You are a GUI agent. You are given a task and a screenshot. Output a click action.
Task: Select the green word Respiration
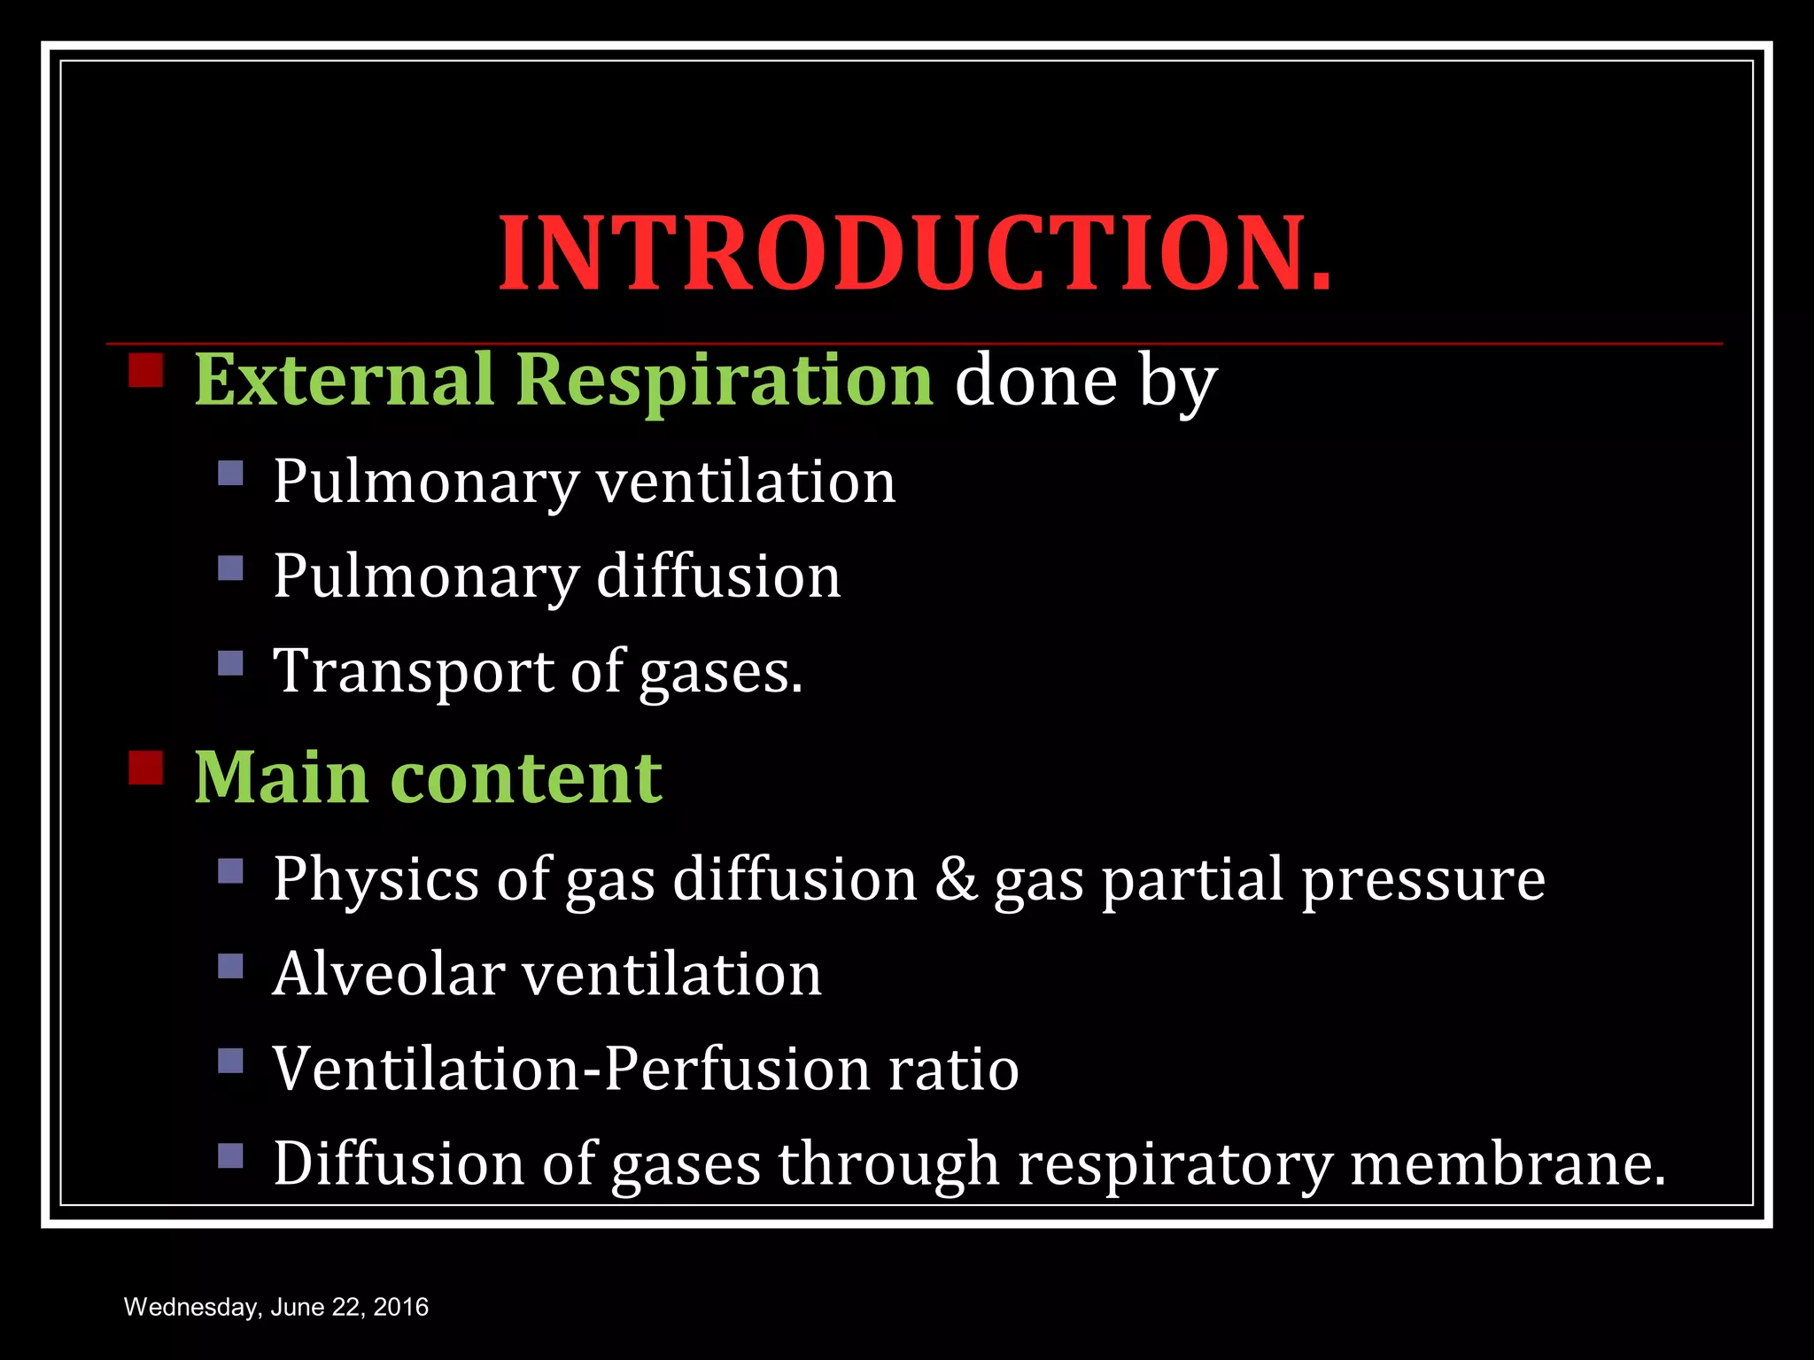[x=725, y=381]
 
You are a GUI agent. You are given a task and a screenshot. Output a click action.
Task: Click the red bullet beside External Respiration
[x=146, y=371]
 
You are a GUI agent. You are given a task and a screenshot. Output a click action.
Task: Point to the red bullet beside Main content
[x=146, y=768]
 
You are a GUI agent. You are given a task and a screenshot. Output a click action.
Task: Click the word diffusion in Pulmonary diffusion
[x=718, y=576]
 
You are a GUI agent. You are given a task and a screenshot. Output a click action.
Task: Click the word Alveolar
[x=389, y=974]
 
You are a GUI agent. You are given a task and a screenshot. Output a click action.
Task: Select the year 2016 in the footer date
[x=401, y=1307]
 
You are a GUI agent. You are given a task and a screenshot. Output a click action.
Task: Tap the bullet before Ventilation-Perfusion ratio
[x=230, y=1060]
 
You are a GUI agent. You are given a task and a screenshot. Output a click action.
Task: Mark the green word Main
[x=282, y=777]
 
